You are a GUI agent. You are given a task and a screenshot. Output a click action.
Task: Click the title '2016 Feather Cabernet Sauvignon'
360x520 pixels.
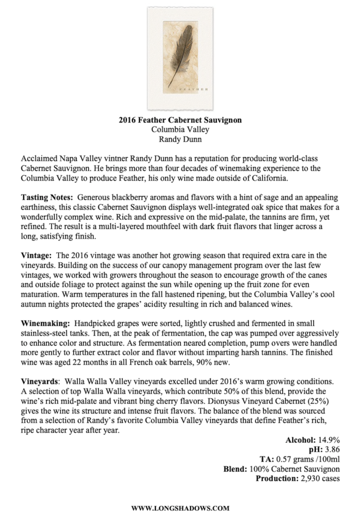click(x=180, y=120)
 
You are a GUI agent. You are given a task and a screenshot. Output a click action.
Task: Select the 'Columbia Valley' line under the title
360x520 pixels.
click(x=180, y=129)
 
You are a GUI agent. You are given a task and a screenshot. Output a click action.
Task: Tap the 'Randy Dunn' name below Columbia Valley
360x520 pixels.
click(x=180, y=139)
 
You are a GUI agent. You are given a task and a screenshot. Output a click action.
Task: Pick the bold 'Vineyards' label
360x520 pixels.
click(x=40, y=381)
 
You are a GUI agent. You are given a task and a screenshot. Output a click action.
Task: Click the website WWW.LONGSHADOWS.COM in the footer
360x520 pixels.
click(x=180, y=507)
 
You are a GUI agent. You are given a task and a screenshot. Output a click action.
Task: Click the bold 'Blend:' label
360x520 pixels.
click(x=235, y=469)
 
